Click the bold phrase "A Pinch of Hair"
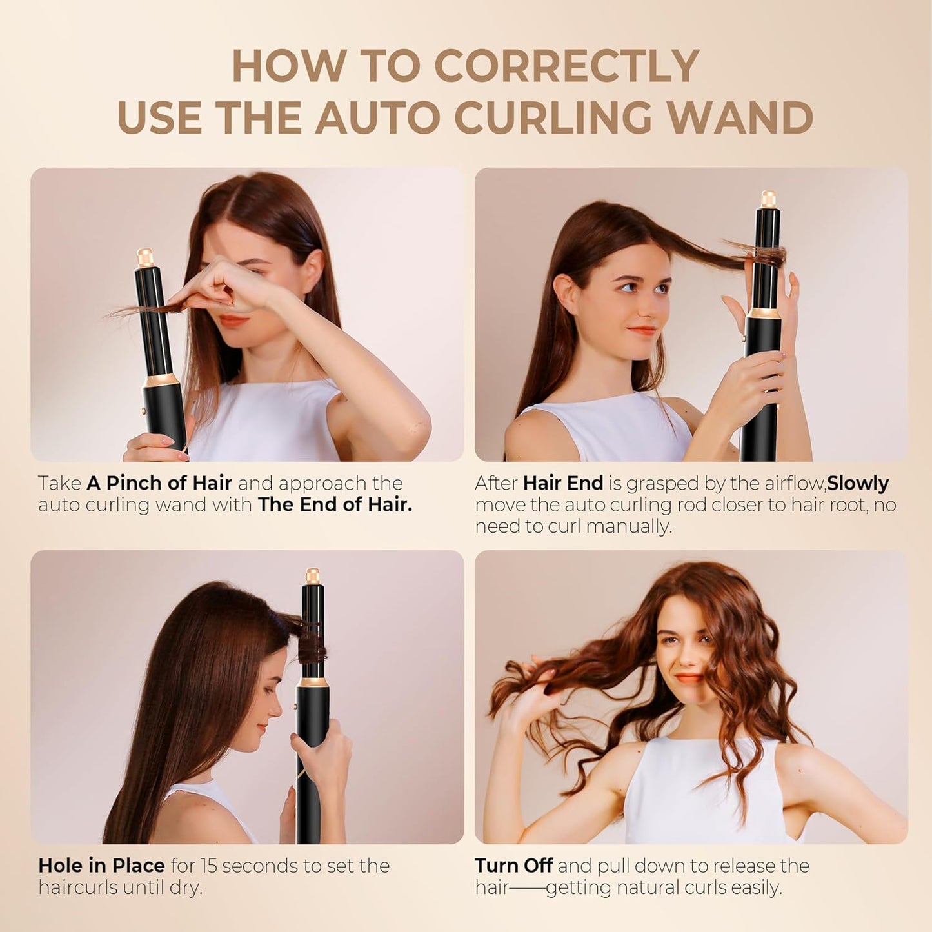[x=159, y=483]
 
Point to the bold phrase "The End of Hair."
[x=335, y=504]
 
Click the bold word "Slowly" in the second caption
[x=858, y=483]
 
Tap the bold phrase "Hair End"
[x=563, y=483]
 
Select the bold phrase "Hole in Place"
[x=101, y=866]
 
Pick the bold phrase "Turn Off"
[x=513, y=866]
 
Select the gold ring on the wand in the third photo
[x=313, y=682]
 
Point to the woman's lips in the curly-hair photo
[x=688, y=678]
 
